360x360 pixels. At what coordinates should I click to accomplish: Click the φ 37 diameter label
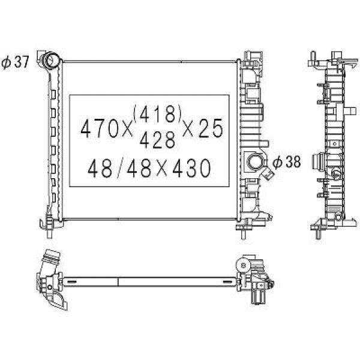point(15,62)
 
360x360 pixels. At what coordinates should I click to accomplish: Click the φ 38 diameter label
point(287,161)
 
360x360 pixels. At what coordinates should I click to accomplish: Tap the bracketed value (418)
point(157,113)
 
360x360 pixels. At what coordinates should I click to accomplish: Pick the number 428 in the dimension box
point(157,140)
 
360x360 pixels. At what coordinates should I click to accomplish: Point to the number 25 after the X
point(211,128)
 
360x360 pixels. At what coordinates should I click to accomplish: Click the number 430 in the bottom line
point(191,168)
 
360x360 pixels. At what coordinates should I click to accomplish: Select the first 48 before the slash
point(100,168)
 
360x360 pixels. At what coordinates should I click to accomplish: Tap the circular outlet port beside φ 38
point(254,162)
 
